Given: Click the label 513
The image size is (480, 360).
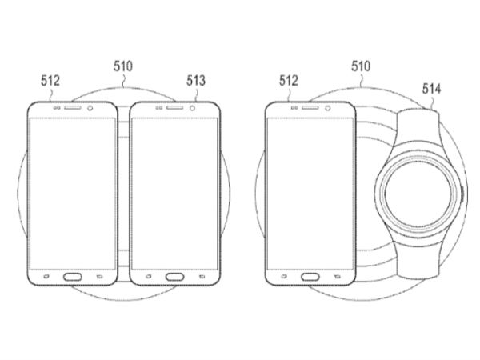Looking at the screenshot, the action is (x=196, y=81).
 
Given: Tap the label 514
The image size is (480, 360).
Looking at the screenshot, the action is (x=432, y=89).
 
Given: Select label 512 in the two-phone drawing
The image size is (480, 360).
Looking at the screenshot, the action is (x=50, y=81).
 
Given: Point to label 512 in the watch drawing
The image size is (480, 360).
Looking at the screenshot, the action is (x=288, y=81).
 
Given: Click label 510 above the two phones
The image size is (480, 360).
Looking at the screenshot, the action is (x=123, y=66).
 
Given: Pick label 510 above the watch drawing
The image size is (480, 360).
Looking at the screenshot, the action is (x=361, y=66).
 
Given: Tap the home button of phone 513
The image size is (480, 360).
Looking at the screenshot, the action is (x=174, y=277).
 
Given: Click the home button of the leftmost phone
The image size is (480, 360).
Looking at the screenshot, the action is (x=73, y=277).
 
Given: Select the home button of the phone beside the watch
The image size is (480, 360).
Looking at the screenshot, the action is (x=310, y=277).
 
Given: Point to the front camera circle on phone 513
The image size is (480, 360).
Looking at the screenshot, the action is (x=192, y=108).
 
